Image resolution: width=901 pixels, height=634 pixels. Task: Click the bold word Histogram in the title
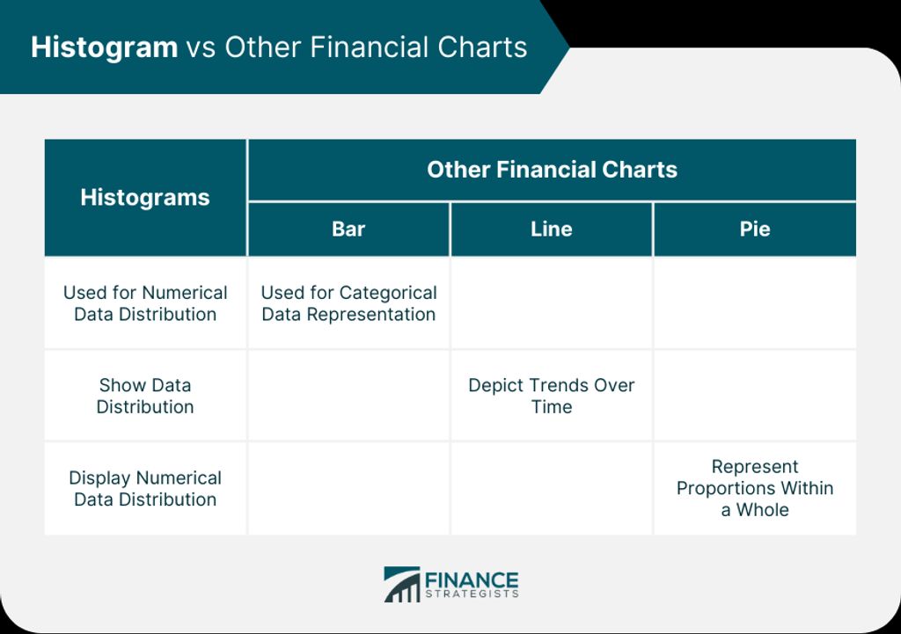(x=104, y=48)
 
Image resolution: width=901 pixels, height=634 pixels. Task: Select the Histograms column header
(x=145, y=198)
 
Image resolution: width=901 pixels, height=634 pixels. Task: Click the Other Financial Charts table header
(x=552, y=170)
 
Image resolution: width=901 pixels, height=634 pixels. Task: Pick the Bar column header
(x=348, y=230)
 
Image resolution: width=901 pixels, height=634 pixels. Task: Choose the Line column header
(x=551, y=230)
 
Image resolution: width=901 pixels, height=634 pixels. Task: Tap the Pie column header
(x=754, y=230)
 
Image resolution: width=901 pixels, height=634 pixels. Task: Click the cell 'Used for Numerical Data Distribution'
(x=145, y=303)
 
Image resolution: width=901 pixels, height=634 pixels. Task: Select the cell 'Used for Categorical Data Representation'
(x=348, y=303)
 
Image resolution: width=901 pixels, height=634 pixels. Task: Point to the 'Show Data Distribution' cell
(x=145, y=396)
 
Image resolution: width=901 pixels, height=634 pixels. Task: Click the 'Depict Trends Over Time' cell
(x=552, y=396)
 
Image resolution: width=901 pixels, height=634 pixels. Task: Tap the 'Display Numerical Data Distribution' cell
(x=145, y=488)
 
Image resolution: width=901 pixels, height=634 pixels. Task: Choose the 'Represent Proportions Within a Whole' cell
(x=754, y=488)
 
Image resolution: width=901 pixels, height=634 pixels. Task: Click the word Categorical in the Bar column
(x=388, y=293)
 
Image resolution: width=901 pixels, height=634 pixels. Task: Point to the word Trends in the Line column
(x=557, y=385)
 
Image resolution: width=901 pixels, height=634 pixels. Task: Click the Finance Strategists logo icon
(x=401, y=585)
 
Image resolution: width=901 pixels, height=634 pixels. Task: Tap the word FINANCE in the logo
(x=472, y=580)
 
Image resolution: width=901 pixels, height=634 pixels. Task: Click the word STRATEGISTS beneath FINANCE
(x=472, y=594)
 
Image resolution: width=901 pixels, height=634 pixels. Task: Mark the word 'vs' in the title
(x=201, y=48)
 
